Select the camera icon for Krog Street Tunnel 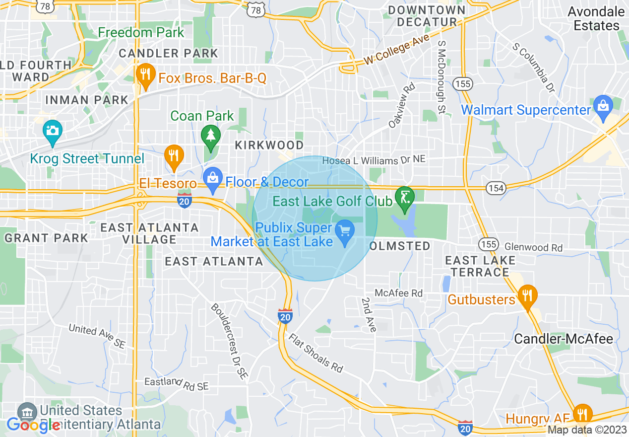click(52, 131)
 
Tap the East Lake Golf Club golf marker click(405, 197)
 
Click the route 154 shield click(495, 188)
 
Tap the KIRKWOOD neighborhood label click(269, 145)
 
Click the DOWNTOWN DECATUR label click(427, 16)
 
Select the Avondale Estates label click(596, 18)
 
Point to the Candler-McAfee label click(564, 339)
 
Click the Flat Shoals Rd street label click(316, 353)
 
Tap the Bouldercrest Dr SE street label click(229, 342)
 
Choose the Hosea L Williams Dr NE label click(374, 160)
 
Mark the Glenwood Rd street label click(533, 247)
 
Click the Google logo click(34, 425)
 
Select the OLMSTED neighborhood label click(400, 246)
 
